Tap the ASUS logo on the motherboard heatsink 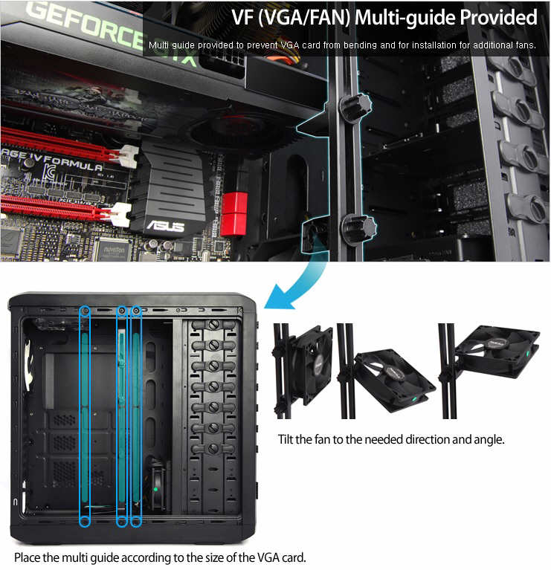tap(165, 226)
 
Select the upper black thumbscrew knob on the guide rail tap(355, 106)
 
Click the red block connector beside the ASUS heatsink tap(234, 214)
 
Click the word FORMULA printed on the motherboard tap(74, 163)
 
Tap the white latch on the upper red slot tap(126, 156)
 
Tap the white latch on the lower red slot tap(120, 215)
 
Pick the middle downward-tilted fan tap(395, 380)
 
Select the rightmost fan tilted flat tap(497, 352)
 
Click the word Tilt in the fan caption tap(286, 439)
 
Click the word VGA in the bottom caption tap(268, 557)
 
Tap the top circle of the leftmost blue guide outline tap(85, 311)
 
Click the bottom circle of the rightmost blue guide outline tap(136, 522)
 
